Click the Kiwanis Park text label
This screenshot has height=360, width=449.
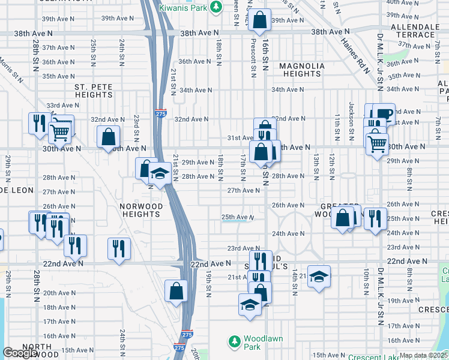pos(183,8)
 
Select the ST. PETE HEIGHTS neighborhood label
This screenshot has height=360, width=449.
pos(93,91)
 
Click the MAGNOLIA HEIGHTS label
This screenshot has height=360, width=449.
pos(302,70)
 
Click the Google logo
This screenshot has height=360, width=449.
pos(20,353)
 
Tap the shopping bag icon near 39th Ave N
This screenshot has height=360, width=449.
pos(259,21)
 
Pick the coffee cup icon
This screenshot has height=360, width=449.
pos(383,113)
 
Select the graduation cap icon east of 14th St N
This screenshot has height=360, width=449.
pos(319,277)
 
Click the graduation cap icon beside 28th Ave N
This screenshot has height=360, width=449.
pos(159,175)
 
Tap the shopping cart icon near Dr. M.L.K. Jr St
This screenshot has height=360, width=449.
pos(377,143)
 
